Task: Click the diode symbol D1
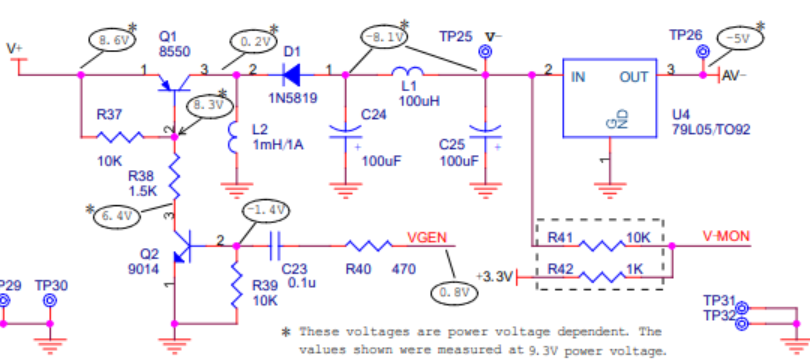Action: coord(291,75)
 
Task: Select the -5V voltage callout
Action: coord(741,39)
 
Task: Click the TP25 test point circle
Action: coord(485,52)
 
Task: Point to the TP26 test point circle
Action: coord(703,52)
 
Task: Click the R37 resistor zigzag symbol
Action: coord(120,137)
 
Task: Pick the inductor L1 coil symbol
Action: coord(408,71)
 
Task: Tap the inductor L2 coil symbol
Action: coord(233,138)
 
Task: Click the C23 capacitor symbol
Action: coord(275,246)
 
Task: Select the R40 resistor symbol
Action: coord(368,246)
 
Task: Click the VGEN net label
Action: coord(427,239)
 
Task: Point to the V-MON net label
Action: coord(726,237)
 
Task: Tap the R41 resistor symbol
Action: coord(602,245)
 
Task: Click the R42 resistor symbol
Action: coord(602,277)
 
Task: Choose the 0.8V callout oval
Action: coord(454,293)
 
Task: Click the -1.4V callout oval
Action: coord(266,210)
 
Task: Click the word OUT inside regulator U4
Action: coord(633,77)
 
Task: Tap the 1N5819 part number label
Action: coord(292,98)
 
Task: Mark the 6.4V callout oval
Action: coord(117,216)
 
